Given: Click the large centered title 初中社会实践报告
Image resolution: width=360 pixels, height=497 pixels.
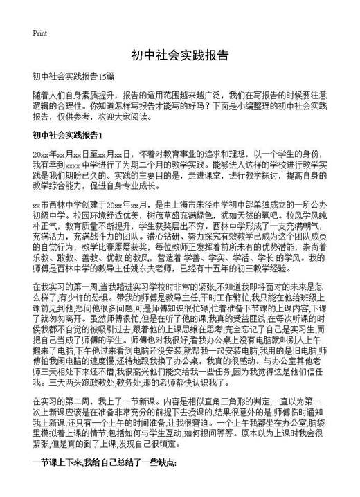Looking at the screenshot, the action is click(179, 55).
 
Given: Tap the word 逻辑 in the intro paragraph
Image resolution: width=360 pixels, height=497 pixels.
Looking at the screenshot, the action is click(42, 106).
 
